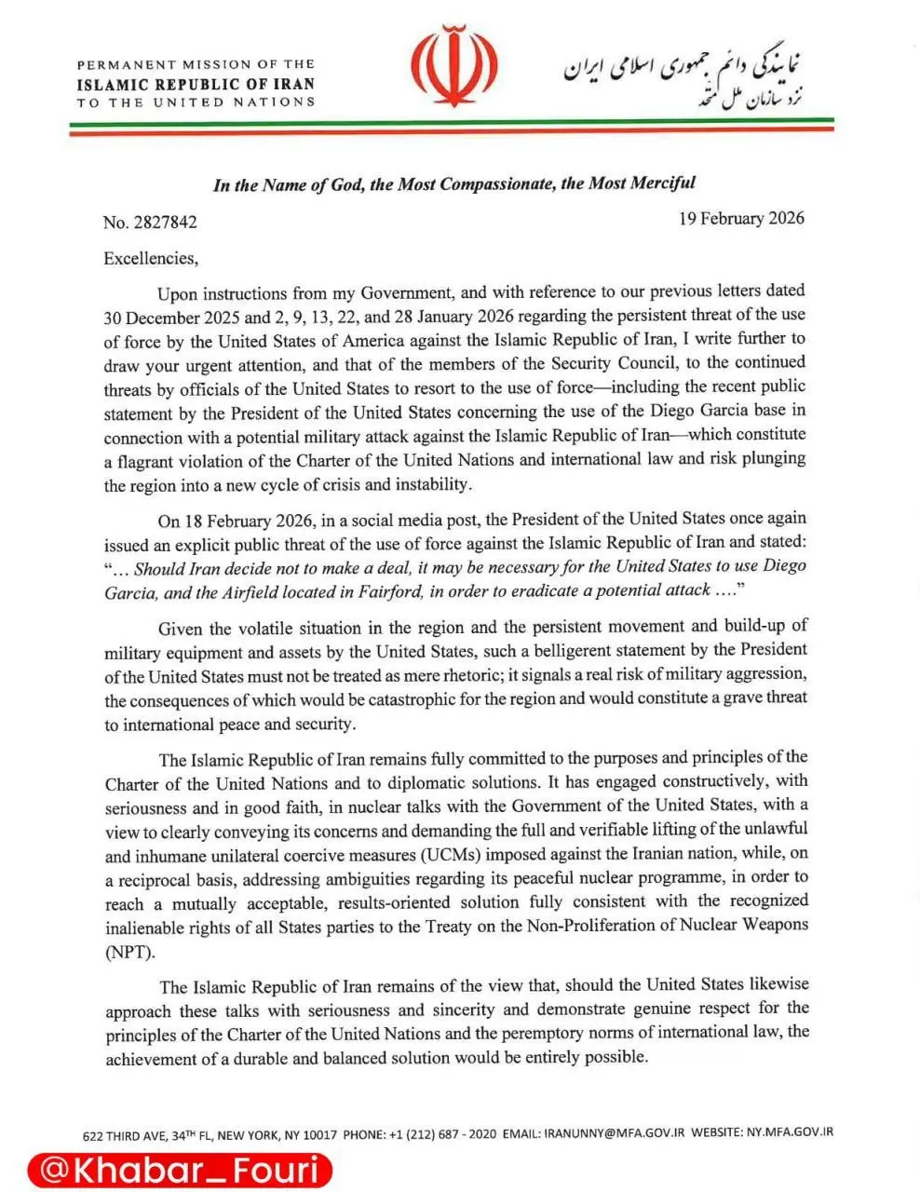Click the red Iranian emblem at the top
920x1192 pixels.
coord(455,70)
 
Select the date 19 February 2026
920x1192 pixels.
coord(741,219)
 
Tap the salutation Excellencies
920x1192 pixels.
coord(151,258)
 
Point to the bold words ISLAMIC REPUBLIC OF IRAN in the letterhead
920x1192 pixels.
coord(196,84)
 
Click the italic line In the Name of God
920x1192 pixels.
coord(454,184)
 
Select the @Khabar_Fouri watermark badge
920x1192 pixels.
coord(180,1170)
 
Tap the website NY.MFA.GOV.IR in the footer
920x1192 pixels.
coord(789,1132)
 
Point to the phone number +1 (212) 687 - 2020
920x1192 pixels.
coord(442,1134)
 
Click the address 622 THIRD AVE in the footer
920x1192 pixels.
coord(124,1135)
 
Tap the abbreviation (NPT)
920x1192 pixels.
coord(129,951)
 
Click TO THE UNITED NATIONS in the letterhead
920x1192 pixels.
coord(196,102)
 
